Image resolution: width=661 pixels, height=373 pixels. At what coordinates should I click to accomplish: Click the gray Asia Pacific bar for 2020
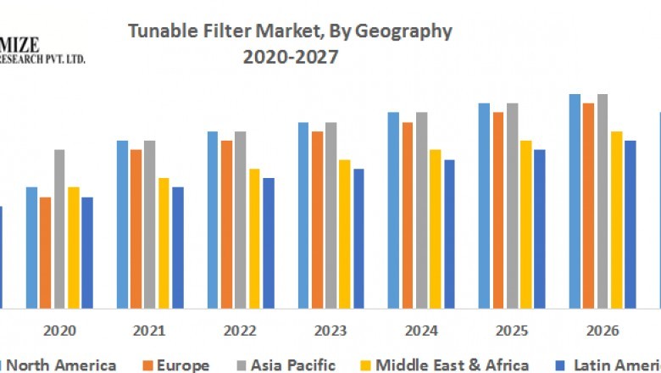click(59, 228)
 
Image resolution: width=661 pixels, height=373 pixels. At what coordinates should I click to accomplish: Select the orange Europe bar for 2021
click(136, 228)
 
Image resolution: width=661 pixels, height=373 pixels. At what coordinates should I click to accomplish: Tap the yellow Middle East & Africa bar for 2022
click(254, 237)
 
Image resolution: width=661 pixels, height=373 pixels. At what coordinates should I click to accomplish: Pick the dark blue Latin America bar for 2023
click(358, 237)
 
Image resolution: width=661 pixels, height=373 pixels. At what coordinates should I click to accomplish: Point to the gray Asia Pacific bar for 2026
click(603, 200)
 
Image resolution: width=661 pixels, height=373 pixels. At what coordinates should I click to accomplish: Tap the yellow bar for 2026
click(616, 219)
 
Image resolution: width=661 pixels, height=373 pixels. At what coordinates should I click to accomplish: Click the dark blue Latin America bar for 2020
click(87, 252)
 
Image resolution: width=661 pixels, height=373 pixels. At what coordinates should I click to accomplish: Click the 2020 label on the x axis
click(59, 330)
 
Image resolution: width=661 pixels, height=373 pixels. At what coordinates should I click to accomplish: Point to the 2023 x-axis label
click(330, 330)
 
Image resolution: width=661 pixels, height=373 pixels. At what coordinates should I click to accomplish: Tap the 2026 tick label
click(602, 330)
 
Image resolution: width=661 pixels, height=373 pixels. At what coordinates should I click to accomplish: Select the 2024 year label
click(421, 330)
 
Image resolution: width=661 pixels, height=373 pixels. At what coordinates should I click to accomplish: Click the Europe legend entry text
click(182, 365)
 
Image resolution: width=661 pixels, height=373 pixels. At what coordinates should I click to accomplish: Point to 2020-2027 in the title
click(290, 58)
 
